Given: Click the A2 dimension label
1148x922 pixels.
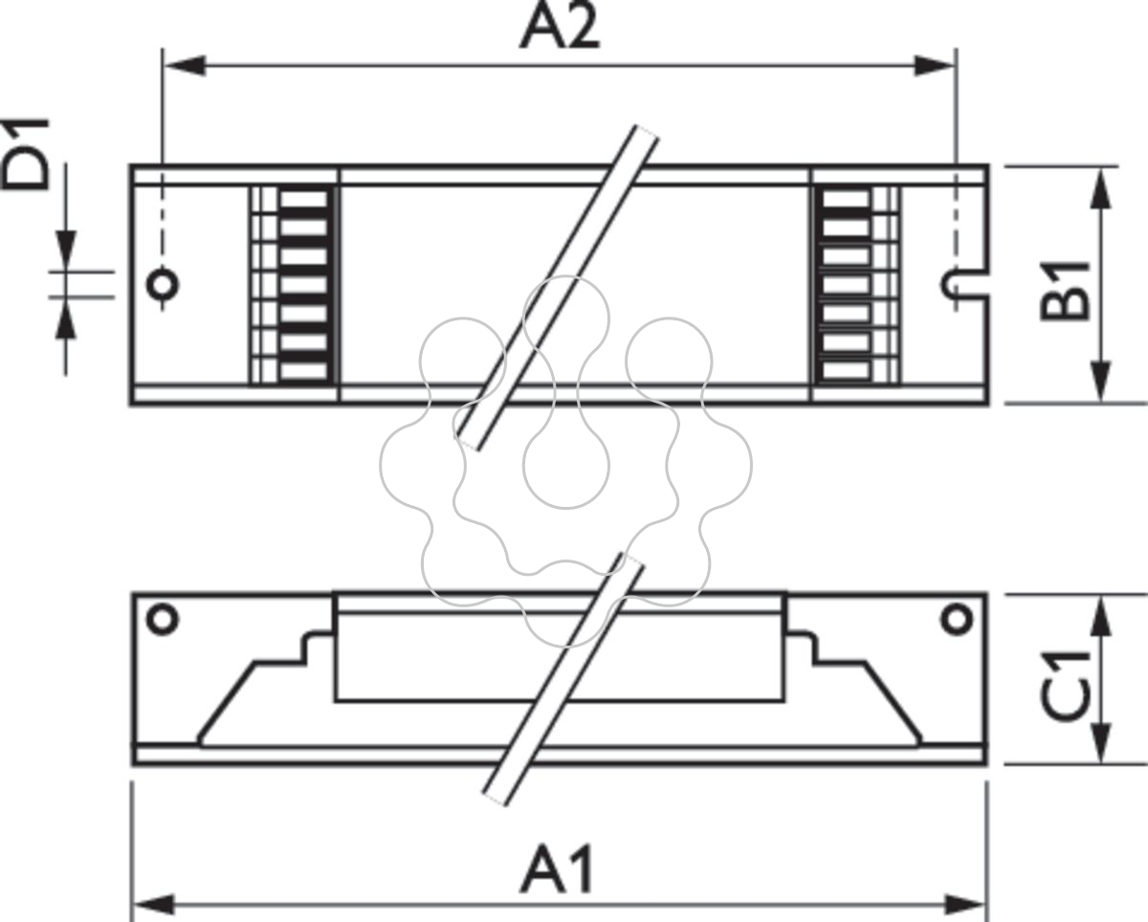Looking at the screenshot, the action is [x=561, y=27].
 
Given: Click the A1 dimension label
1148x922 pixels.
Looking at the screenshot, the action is [x=557, y=867].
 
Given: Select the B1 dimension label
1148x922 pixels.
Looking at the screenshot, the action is [x=1064, y=291].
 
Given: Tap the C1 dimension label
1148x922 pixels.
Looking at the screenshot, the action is [x=1064, y=687].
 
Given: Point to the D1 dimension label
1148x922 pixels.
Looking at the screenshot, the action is [x=25, y=154].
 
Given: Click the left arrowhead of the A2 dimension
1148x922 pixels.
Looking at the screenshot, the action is [x=185, y=66].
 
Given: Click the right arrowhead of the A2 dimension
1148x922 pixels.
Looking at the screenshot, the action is [x=935, y=66].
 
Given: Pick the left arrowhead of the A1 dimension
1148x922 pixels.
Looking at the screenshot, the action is [x=153, y=905].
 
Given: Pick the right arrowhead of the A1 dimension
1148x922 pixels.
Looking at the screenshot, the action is [x=965, y=905].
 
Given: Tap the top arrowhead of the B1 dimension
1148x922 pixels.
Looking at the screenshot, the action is [x=1100, y=188].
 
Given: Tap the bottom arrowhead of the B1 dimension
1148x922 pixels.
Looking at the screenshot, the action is [x=1100, y=382].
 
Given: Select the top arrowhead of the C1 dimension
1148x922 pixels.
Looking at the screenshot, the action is [x=1100, y=616].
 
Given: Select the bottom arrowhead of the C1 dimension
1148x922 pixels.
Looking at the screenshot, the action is [x=1100, y=743].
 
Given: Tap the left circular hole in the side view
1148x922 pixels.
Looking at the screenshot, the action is [x=163, y=620].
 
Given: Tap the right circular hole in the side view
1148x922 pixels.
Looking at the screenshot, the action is [x=957, y=620].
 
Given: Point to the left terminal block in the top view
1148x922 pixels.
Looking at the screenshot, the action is [x=294, y=285].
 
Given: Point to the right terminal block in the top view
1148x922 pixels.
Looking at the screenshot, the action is [x=857, y=285].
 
